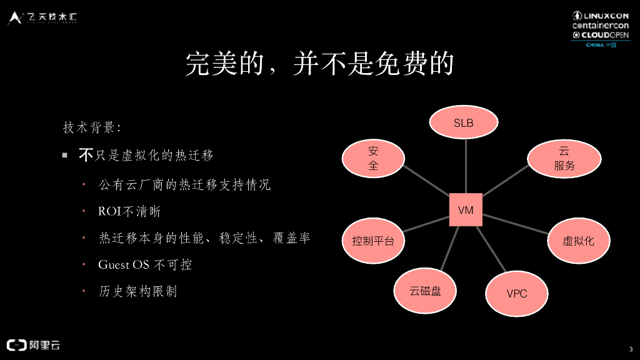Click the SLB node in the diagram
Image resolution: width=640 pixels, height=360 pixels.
(463, 122)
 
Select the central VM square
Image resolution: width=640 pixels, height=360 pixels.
(466, 210)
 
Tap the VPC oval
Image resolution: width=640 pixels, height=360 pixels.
(517, 293)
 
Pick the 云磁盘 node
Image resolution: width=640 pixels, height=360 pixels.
(425, 291)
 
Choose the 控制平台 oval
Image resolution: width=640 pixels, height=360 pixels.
(373, 240)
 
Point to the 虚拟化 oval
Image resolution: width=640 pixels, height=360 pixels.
(578, 240)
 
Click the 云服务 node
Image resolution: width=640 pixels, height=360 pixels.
(564, 159)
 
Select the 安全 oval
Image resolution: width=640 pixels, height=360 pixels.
(373, 158)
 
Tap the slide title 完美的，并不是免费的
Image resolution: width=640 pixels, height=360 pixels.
(319, 64)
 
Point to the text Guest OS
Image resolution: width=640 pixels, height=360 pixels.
(124, 264)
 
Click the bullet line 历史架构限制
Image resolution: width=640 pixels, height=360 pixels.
(137, 291)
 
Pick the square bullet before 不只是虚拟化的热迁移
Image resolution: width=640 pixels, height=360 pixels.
(64, 155)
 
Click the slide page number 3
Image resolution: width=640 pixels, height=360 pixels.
(630, 349)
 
